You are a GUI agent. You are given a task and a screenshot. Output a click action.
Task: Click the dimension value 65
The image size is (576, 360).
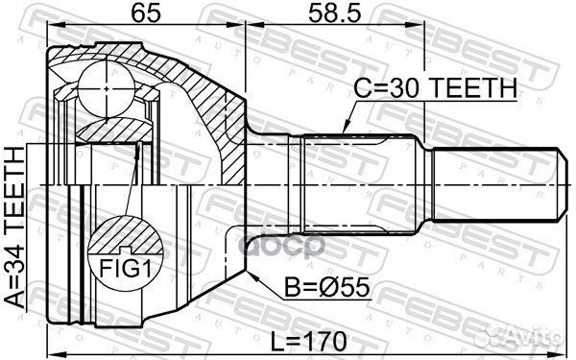click(146, 12)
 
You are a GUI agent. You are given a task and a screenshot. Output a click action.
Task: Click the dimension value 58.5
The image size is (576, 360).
click(335, 12)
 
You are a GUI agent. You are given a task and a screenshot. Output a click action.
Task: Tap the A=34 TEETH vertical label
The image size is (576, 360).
click(15, 227)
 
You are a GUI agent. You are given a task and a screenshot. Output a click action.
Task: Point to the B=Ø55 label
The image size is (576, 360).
click(327, 287)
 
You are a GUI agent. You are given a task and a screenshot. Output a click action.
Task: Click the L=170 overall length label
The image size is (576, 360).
click(308, 341)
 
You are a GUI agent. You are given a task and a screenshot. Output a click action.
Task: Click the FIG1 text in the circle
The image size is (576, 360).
click(126, 270)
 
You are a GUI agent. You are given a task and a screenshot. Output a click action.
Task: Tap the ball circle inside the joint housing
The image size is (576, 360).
click(107, 89)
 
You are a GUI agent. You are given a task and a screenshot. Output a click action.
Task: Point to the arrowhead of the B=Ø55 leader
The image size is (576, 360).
click(252, 276)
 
